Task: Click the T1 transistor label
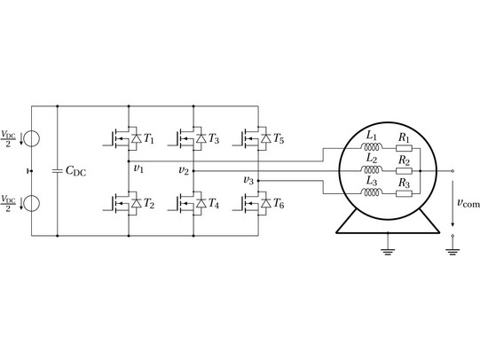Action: [x=149, y=138]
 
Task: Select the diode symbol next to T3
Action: [x=201, y=138]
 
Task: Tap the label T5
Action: [x=279, y=138]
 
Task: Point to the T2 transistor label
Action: [x=149, y=203]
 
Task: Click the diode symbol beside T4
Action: [x=201, y=203]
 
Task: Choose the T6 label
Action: [x=279, y=203]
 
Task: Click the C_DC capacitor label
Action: [x=76, y=171]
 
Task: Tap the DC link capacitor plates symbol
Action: [x=58, y=171]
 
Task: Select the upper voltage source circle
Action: [x=32, y=138]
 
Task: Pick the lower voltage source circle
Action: [x=32, y=203]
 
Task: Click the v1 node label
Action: [x=138, y=168]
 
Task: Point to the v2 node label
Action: [x=184, y=170]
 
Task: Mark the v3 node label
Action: [x=248, y=181]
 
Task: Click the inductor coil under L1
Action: [x=372, y=147]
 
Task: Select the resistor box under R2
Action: [x=404, y=171]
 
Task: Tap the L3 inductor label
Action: [x=372, y=182]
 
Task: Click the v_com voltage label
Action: [x=468, y=203]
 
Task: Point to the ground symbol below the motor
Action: [x=388, y=252]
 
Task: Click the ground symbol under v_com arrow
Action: [x=452, y=252]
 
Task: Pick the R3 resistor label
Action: [x=404, y=184]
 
